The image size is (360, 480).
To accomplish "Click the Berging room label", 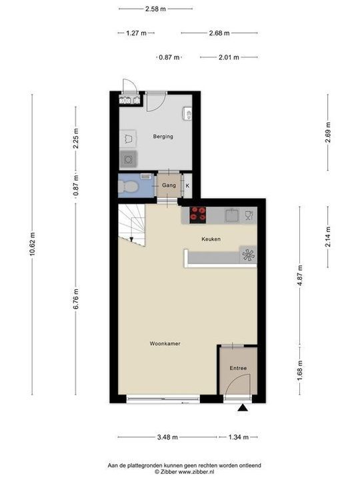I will coord(163,137).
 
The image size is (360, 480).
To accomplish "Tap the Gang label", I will coord(169,185).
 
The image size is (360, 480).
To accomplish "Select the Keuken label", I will coord(211,239).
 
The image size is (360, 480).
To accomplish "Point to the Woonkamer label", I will coord(165,343).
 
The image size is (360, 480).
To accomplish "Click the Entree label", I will coord(238,368).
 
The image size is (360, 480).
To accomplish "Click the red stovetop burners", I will coord(198,215).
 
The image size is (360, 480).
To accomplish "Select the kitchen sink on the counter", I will coord(232,215).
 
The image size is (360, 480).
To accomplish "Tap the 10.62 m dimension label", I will coord(32,248).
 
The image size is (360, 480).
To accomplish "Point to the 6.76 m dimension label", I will coord(77,298).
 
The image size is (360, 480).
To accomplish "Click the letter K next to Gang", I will coord(187,185).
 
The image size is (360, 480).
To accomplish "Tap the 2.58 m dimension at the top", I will coord(155,9).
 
